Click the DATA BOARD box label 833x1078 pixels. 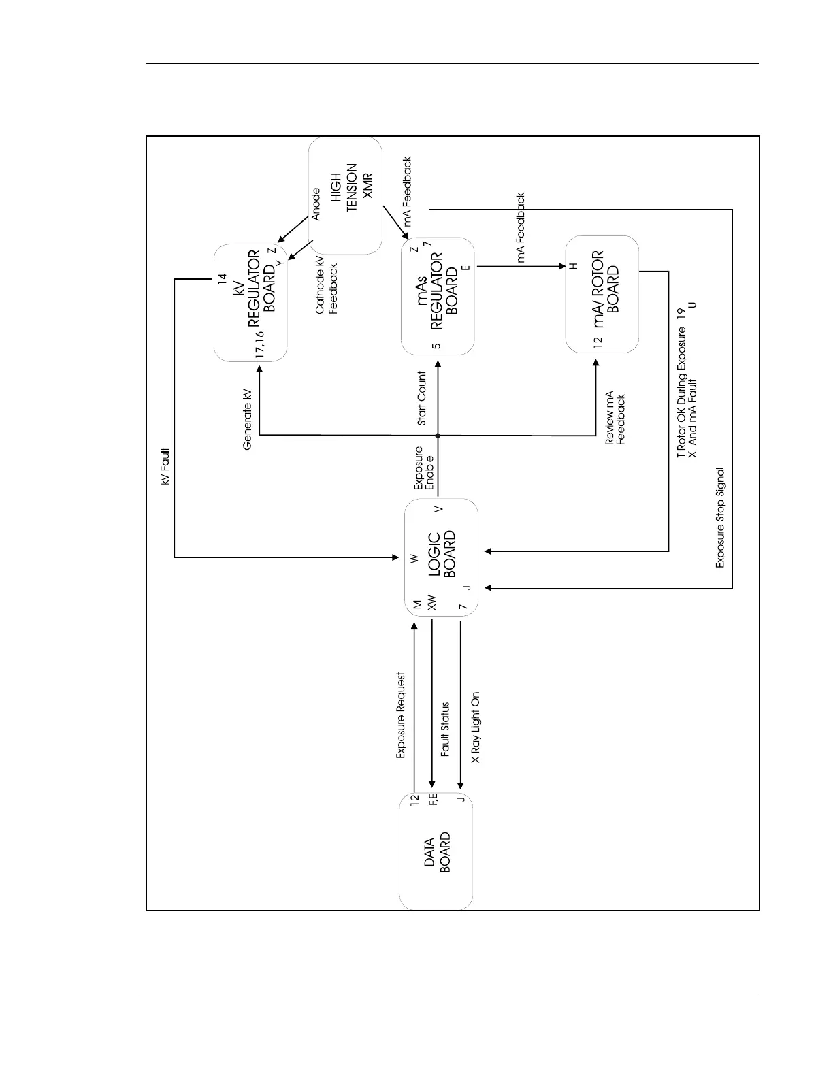436,852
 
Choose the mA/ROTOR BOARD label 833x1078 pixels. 606,289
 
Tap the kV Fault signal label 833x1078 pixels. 165,466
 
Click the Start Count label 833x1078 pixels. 422,398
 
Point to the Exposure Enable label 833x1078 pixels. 423,468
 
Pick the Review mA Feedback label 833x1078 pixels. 615,418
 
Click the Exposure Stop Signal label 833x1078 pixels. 720,517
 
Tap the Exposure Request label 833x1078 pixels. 401,715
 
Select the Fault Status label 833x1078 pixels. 445,730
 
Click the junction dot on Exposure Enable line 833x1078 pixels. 438,435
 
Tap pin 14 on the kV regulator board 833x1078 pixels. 222,278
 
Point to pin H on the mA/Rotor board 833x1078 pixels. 573,266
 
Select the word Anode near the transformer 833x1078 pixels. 316,204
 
